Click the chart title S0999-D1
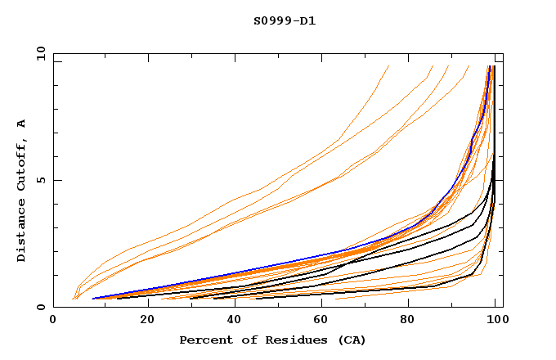285,20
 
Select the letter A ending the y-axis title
22,124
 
